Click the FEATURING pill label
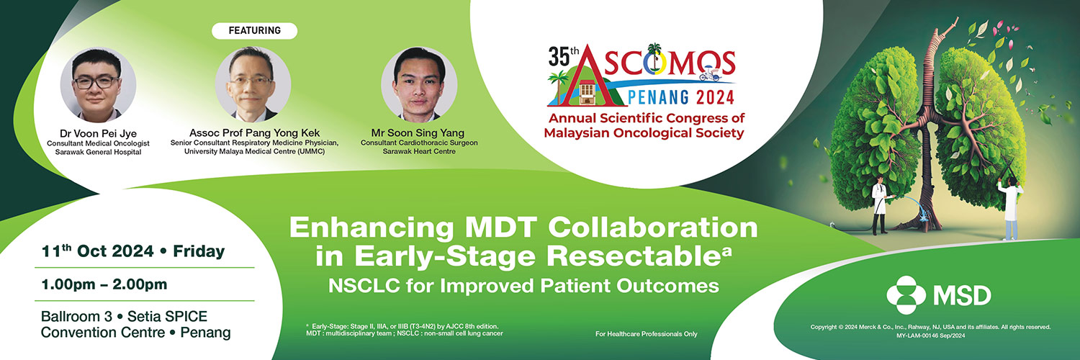(255, 30)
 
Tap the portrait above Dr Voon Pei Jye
(98, 84)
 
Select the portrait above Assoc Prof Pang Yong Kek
(253, 84)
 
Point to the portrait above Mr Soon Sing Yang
(419, 84)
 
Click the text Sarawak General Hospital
(98, 153)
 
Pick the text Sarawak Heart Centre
(419, 151)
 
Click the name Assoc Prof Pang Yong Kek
(254, 132)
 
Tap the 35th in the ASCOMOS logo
(563, 56)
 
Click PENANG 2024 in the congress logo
(680, 97)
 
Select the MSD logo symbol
(906, 295)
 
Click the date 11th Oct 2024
(97, 251)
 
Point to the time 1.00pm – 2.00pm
(104, 284)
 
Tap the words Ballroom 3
(76, 316)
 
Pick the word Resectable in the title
(634, 256)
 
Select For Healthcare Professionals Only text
(646, 333)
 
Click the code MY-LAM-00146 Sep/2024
(930, 336)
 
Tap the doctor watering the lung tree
(880, 204)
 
